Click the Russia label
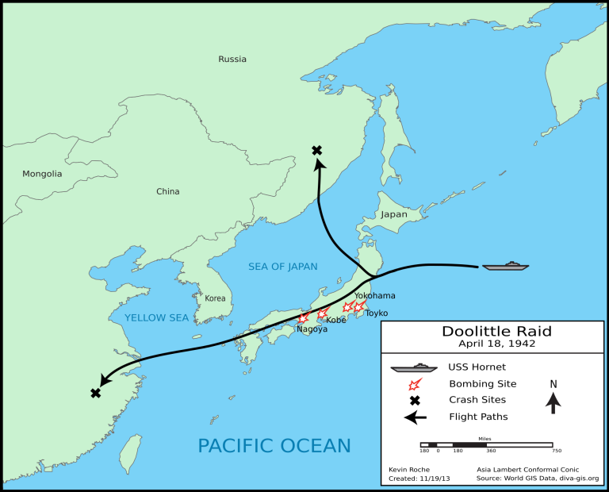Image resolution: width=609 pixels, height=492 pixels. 232,59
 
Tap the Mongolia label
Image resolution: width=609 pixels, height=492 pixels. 42,174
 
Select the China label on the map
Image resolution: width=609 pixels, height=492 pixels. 167,191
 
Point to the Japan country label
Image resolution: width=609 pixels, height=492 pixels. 393,214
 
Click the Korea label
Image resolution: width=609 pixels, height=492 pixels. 215,298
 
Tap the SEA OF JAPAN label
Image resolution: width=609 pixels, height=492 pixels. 282,266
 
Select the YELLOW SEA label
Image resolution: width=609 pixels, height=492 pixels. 156,318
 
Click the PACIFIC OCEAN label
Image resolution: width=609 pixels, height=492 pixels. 274,444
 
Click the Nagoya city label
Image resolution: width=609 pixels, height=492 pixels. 312,329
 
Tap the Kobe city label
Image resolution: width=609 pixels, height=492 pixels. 336,321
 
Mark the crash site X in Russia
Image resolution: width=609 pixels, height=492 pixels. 317,150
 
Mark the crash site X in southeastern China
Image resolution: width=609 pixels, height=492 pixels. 96,393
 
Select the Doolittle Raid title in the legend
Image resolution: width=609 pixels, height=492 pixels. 496,331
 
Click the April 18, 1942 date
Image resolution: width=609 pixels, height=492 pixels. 496,344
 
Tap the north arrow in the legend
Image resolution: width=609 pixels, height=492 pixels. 553,402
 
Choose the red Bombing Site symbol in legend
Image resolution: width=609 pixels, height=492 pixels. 414,384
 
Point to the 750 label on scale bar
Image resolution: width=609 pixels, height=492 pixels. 557,451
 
